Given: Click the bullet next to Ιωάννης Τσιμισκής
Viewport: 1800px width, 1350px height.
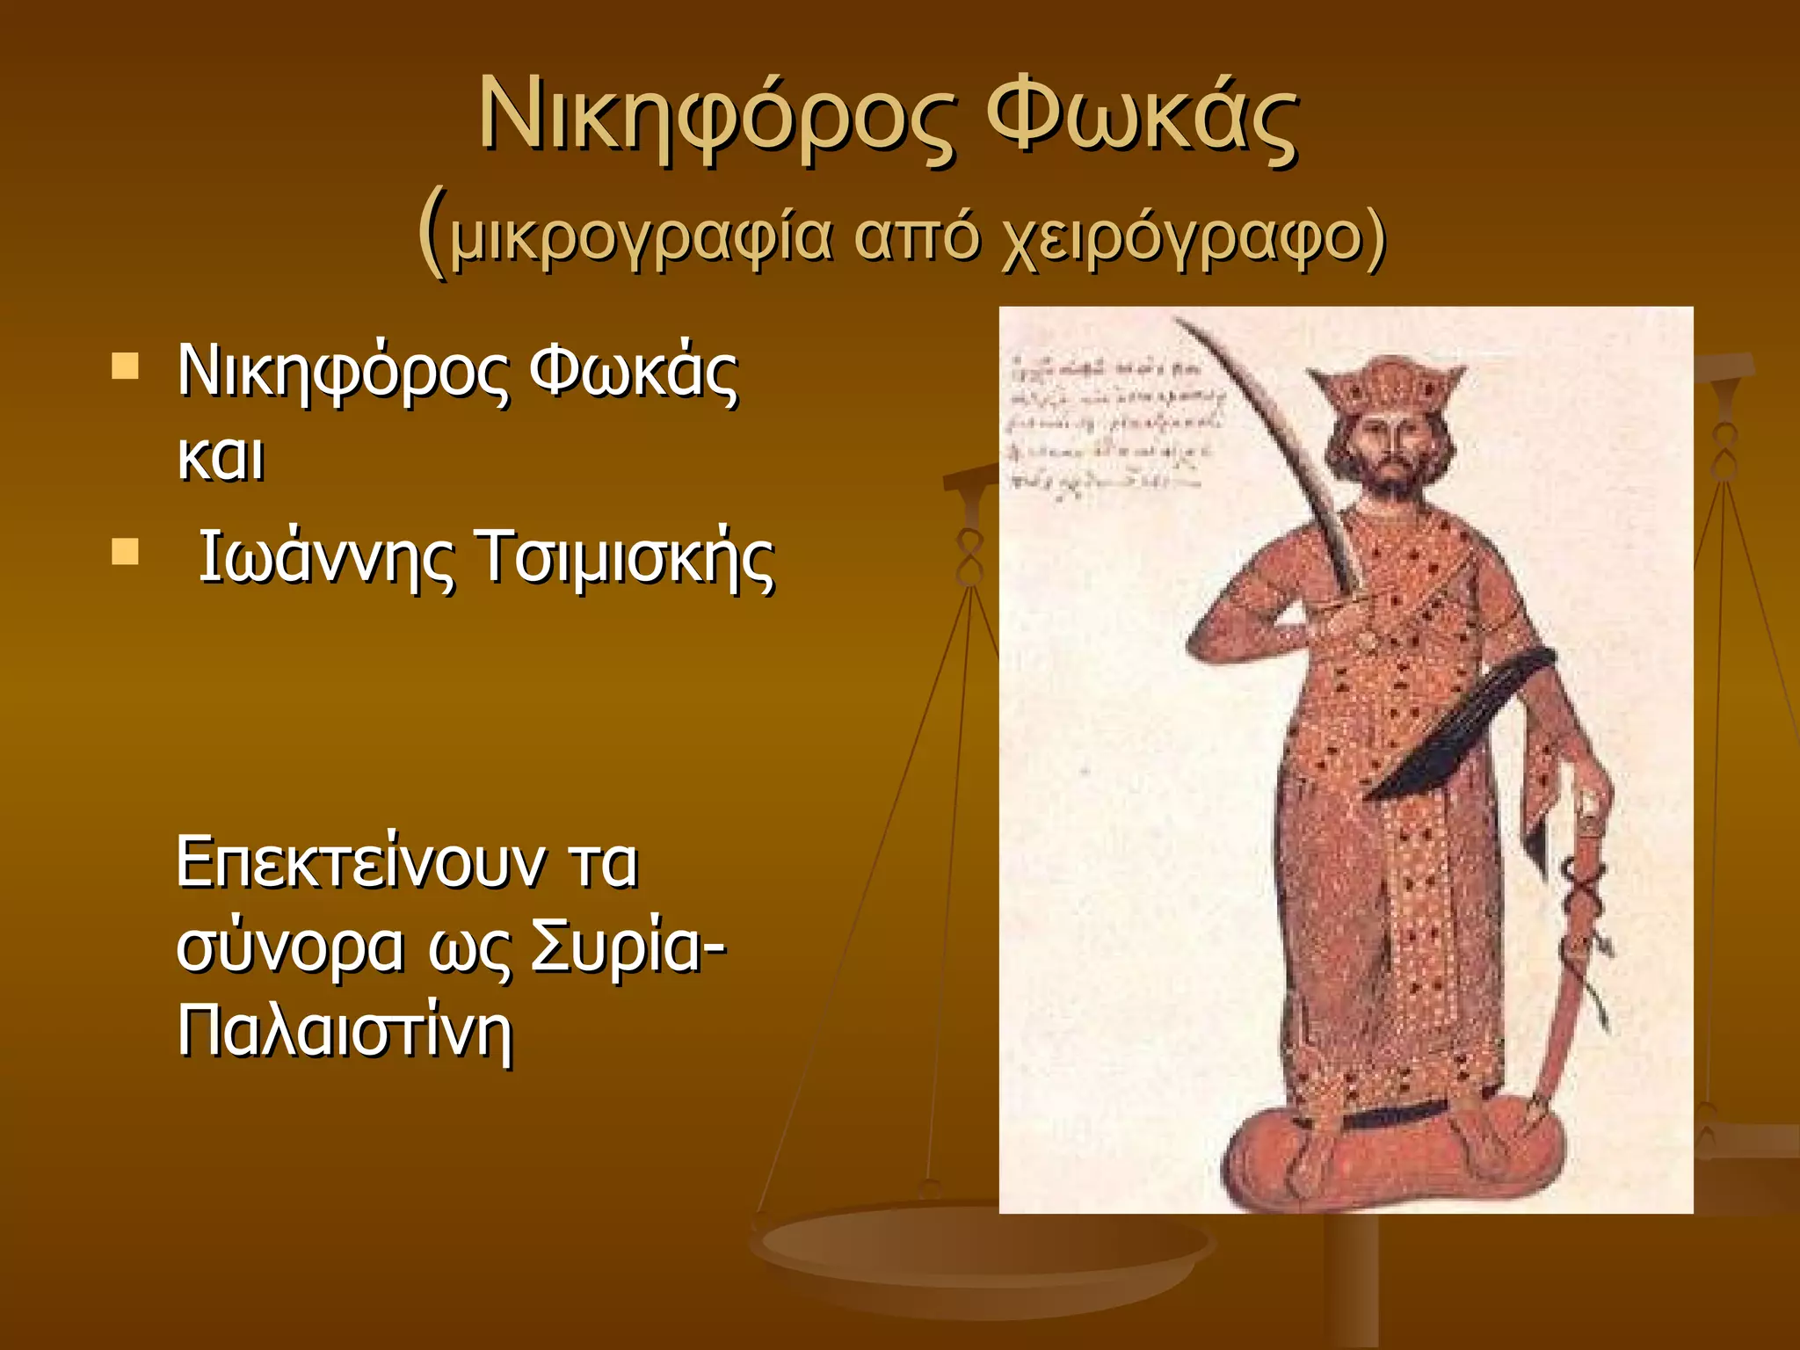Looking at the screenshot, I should [126, 552].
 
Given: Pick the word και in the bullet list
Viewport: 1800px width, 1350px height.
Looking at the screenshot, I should [221, 457].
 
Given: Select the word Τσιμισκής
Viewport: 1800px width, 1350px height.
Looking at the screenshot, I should [625, 557].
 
